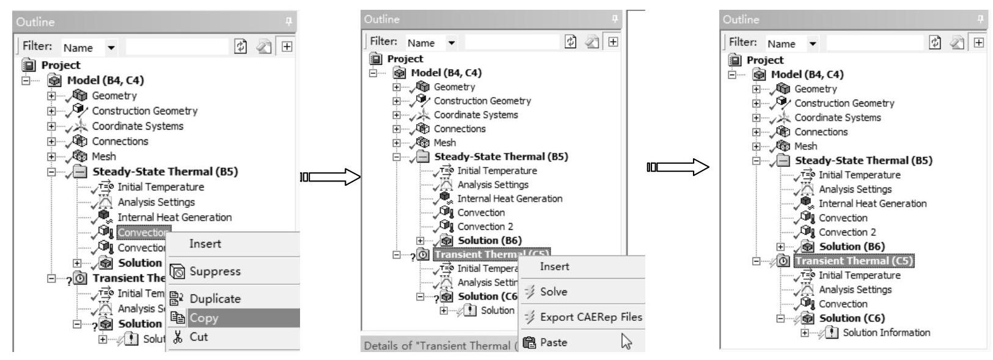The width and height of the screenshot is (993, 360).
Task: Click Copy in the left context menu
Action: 203,318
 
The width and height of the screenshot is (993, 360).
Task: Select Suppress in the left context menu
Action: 214,271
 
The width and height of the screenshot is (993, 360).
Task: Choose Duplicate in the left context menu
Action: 214,299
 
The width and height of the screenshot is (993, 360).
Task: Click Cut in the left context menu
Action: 199,337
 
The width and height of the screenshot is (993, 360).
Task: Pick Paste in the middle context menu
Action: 553,342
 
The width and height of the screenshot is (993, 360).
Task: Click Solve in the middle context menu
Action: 553,292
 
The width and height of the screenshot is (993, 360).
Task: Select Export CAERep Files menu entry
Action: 590,317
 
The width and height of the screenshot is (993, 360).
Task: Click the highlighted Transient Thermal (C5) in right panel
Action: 854,261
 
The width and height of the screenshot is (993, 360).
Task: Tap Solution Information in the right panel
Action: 886,332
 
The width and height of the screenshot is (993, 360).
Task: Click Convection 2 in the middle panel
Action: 485,227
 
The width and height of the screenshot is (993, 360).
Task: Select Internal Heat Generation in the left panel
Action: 174,218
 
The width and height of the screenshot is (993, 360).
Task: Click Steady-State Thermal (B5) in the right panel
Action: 863,161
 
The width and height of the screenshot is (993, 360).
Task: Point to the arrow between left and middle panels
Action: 331,177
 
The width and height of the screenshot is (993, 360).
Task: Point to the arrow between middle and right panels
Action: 678,167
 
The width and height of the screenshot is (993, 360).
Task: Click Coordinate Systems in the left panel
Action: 137,127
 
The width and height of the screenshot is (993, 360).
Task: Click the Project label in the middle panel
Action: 405,59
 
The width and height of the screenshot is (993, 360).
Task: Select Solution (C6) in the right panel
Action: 851,318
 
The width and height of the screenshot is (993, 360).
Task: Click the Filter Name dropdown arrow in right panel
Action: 812,43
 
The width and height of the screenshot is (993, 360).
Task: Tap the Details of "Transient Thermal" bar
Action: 437,345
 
